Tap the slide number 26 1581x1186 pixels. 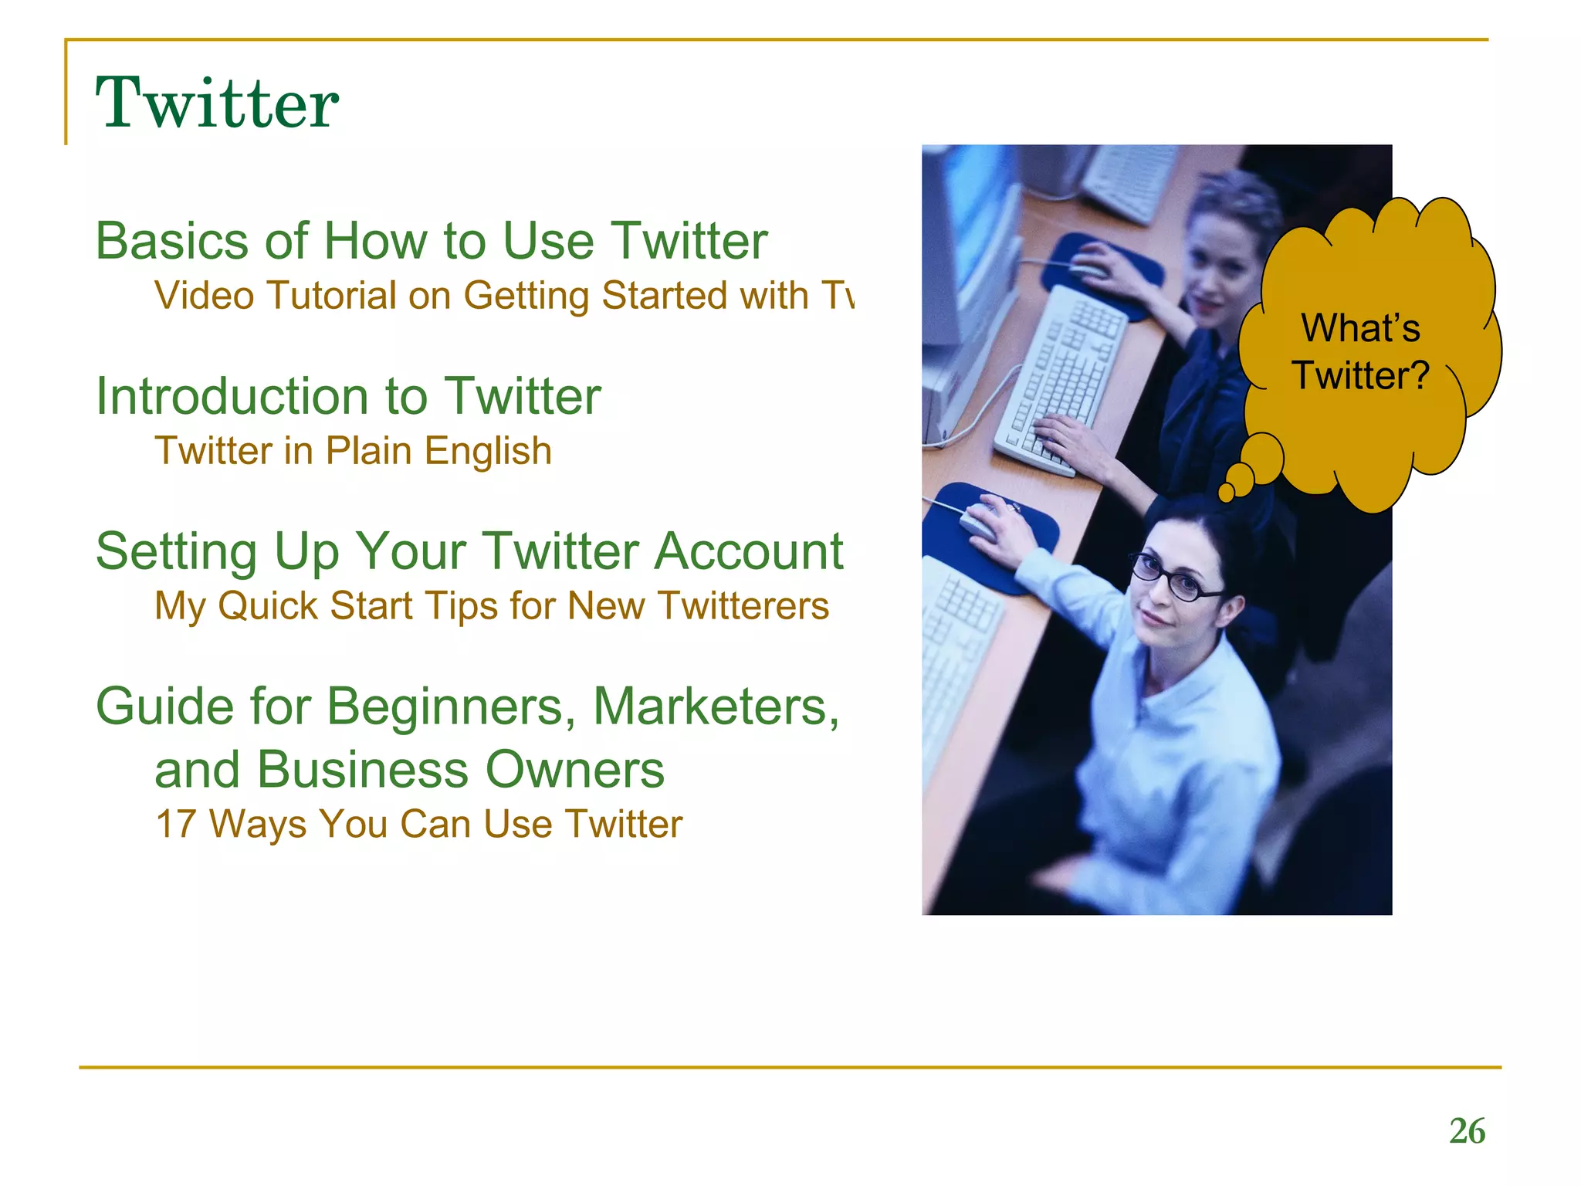pos(1467,1131)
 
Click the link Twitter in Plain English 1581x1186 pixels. pos(353,451)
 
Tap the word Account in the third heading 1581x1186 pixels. pos(748,552)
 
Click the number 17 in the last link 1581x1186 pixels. pos(175,824)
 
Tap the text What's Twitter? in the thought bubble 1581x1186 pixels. pos(1361,352)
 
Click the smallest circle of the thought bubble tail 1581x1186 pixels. pos(1227,493)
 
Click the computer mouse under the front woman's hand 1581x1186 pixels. pos(979,521)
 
